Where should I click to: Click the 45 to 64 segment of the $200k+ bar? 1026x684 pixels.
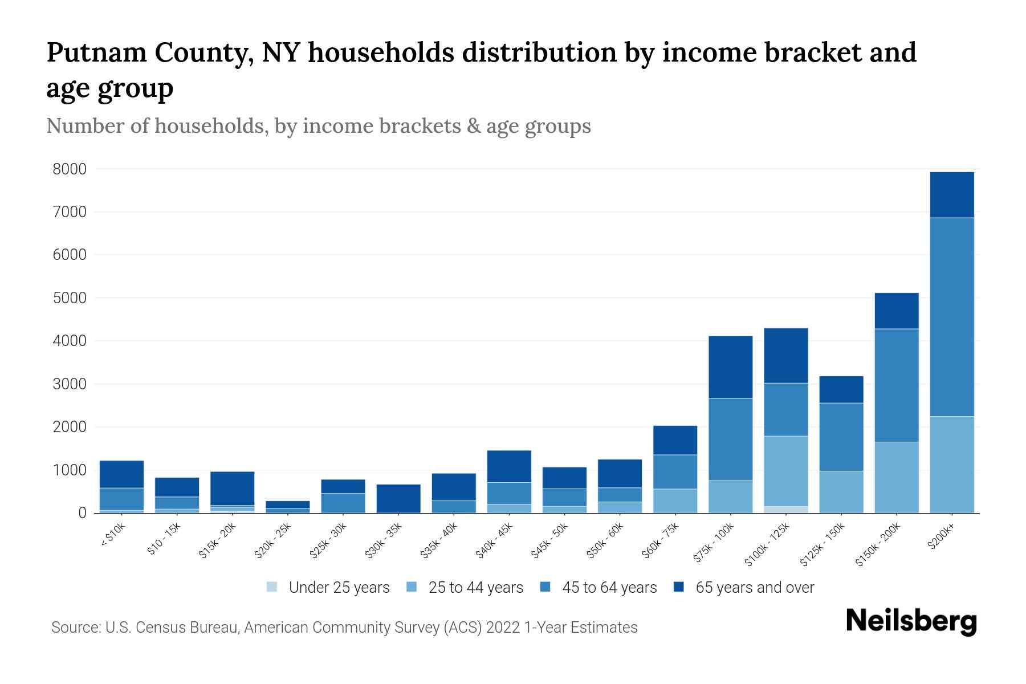[x=951, y=317]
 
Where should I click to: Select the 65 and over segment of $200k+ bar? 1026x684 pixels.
[x=951, y=194]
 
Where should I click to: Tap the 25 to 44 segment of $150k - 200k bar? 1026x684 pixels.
[x=897, y=477]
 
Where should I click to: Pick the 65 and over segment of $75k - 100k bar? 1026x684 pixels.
[x=730, y=367]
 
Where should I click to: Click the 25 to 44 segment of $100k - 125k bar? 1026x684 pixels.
[x=785, y=471]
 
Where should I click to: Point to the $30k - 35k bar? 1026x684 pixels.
[x=398, y=498]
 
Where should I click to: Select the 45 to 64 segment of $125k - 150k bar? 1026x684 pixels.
[x=841, y=437]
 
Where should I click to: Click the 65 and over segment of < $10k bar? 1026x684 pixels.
[x=121, y=474]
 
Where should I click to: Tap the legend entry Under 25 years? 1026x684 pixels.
[x=328, y=588]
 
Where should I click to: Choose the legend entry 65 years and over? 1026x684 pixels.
[x=744, y=588]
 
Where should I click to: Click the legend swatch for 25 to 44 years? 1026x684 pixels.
[x=412, y=587]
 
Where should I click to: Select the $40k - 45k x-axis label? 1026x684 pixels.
[x=494, y=540]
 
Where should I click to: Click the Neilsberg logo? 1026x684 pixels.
[x=911, y=621]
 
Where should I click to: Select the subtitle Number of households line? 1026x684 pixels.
[x=318, y=126]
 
